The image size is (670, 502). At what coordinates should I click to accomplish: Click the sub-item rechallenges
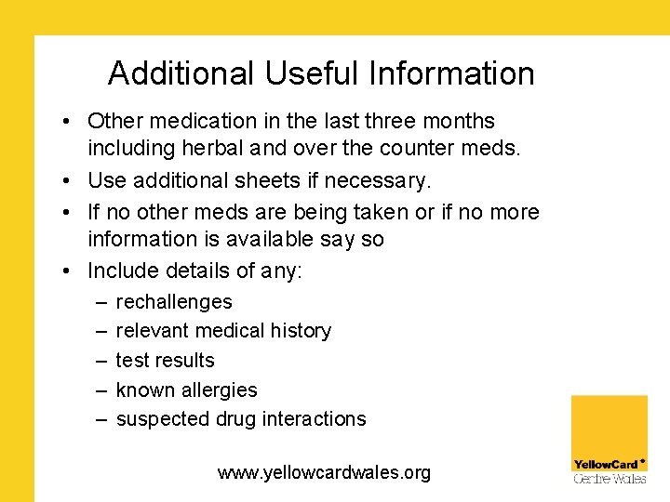click(x=173, y=302)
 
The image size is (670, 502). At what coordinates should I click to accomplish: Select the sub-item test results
click(x=165, y=361)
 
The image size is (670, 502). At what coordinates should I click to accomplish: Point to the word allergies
click(x=220, y=390)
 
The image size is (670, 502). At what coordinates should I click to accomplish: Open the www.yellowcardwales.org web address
click(x=324, y=473)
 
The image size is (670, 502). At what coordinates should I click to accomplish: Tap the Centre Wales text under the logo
click(x=609, y=479)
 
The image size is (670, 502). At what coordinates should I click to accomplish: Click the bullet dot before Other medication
click(x=70, y=122)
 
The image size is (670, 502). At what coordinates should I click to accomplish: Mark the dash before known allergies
click(x=100, y=390)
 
